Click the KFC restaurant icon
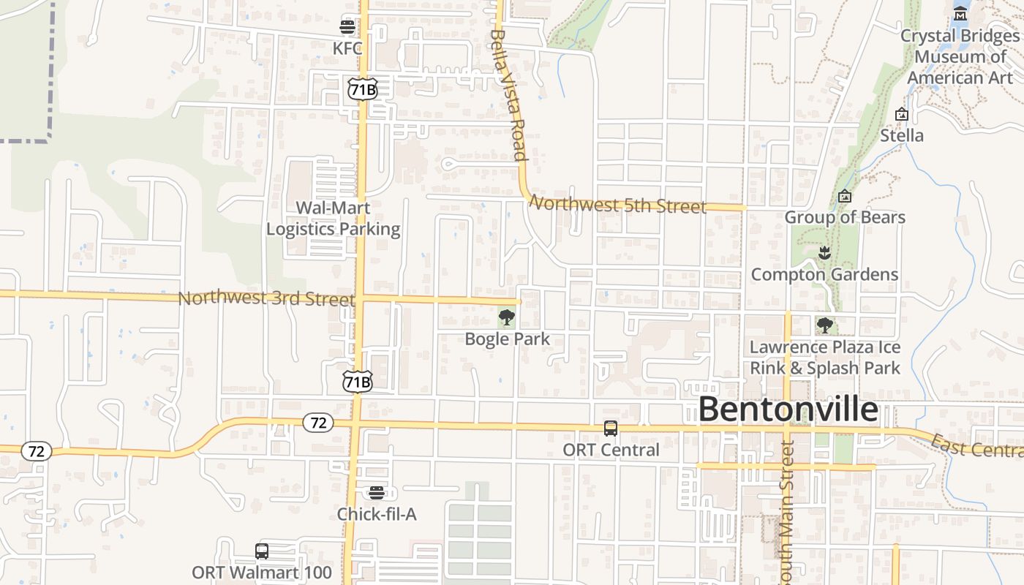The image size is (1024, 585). (x=347, y=27)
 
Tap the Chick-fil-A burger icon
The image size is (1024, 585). (x=377, y=493)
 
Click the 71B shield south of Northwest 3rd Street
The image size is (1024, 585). (x=358, y=382)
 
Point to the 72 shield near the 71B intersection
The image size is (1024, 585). (x=318, y=423)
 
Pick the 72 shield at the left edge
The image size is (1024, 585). (x=36, y=451)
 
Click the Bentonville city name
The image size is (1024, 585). (x=788, y=409)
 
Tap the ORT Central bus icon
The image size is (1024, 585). (x=611, y=429)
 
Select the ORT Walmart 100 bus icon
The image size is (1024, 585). (x=262, y=551)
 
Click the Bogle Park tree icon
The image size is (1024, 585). (x=506, y=317)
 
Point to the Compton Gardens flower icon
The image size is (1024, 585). (x=824, y=254)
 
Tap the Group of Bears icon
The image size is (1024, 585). (x=845, y=196)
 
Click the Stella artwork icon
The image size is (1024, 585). (x=902, y=114)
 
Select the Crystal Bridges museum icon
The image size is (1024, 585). (x=960, y=13)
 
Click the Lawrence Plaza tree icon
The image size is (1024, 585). (x=824, y=325)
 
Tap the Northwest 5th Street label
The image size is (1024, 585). (x=617, y=205)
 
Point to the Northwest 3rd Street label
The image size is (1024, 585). (x=266, y=298)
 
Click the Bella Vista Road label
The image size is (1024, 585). (x=509, y=94)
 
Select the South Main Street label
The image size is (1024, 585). (x=786, y=512)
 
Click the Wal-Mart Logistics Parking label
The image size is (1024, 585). (x=333, y=219)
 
